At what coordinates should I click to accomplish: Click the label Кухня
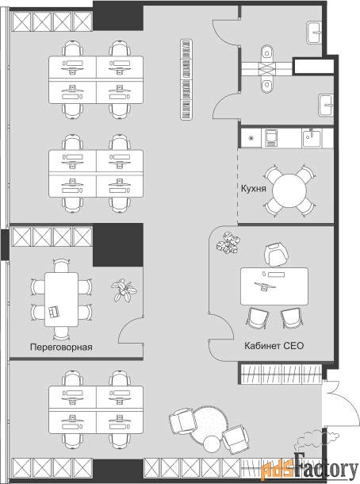(x=253, y=188)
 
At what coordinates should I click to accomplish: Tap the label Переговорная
(x=61, y=347)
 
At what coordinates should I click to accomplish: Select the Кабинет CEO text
(x=274, y=345)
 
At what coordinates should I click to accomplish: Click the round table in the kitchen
(x=289, y=191)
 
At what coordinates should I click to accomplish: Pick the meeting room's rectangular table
(x=61, y=299)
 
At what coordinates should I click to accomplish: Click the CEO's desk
(x=274, y=286)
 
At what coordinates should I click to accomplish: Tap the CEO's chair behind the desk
(x=277, y=255)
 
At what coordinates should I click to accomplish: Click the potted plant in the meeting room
(x=124, y=290)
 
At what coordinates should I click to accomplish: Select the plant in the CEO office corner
(x=228, y=243)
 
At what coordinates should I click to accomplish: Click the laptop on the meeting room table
(x=54, y=311)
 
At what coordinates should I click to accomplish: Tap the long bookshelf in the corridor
(x=186, y=79)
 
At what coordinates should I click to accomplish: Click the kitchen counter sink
(x=312, y=138)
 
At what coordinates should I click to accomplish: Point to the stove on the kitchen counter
(x=270, y=138)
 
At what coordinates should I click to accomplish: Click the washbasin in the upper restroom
(x=314, y=33)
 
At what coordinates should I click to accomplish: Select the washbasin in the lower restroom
(x=326, y=106)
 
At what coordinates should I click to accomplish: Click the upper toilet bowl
(x=267, y=54)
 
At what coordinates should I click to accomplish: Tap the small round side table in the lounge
(x=212, y=444)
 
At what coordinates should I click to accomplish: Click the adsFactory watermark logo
(x=309, y=469)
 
